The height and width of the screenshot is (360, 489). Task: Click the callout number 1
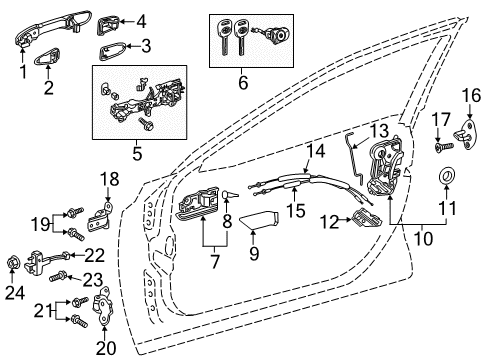pos(23,72)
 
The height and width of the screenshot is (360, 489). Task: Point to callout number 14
pos(316,151)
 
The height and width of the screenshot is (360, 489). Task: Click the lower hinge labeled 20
pos(103,311)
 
